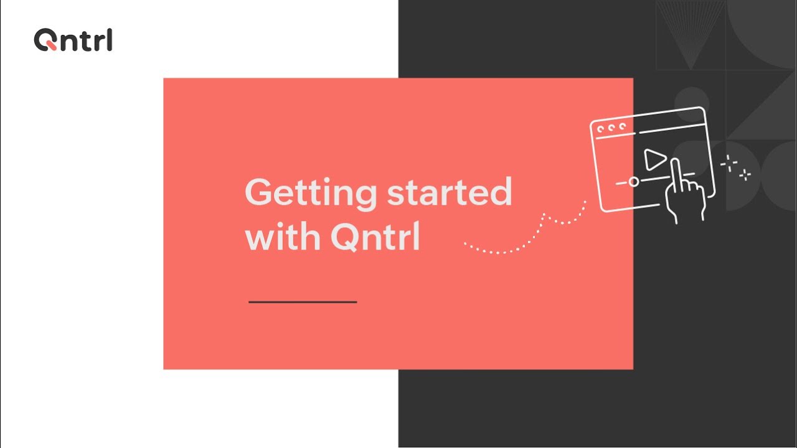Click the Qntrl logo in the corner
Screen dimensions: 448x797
coord(73,40)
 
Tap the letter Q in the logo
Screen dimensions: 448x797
coord(45,40)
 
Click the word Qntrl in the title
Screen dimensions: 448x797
coord(375,238)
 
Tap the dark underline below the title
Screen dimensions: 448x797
coord(303,302)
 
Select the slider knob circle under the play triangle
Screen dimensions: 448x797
coord(633,182)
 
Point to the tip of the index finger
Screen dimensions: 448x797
coord(675,162)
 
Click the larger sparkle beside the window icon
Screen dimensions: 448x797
coord(729,164)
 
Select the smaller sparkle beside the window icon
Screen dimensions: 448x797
coord(745,175)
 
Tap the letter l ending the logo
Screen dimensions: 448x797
coord(110,40)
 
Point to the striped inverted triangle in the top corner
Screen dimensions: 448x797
coord(690,34)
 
